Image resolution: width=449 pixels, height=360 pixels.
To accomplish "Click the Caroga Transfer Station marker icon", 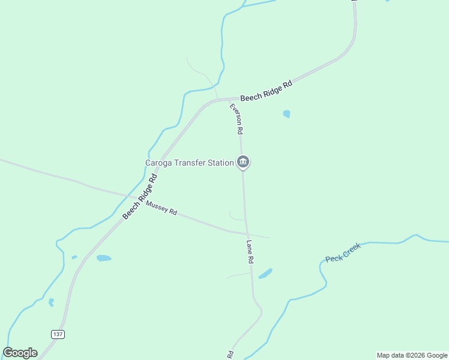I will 243,161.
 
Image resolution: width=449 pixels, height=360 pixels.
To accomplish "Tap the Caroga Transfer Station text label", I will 189,163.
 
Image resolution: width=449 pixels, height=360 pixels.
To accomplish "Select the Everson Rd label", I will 237,118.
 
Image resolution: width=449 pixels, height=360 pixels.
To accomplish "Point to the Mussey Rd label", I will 161,208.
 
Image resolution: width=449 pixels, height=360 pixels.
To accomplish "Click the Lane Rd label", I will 250,252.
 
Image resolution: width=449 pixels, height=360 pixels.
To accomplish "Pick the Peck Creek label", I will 343,253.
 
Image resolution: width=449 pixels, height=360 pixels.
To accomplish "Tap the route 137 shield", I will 58,334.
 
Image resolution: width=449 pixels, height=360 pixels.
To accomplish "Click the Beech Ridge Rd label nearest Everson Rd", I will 266,91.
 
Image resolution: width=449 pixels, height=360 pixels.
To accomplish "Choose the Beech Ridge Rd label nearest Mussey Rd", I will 140,196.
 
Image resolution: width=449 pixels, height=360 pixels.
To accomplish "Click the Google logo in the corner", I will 20,353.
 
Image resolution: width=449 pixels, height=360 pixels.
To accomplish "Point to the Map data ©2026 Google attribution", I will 412,355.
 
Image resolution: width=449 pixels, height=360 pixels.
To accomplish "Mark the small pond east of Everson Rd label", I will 286,113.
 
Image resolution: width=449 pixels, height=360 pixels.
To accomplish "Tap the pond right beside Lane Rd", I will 265,274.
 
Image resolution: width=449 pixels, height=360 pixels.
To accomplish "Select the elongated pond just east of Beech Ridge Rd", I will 104,258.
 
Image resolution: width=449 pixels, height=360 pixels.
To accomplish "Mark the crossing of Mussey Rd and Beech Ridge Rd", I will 136,198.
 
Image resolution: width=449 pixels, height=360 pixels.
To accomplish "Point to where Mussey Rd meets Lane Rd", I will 246,233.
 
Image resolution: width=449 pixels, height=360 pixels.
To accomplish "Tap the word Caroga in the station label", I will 158,163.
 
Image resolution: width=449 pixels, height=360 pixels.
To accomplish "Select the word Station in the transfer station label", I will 218,163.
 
